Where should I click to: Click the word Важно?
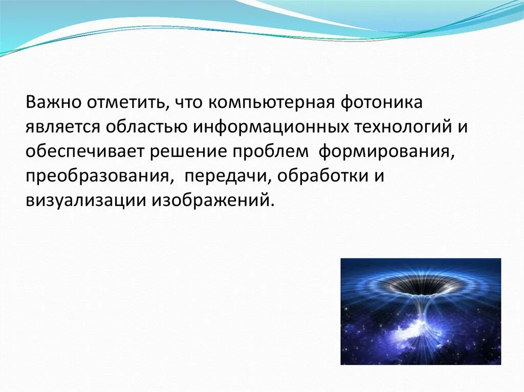[x=53, y=103]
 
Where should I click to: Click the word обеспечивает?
[x=85, y=152]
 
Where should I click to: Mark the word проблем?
[x=270, y=152]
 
